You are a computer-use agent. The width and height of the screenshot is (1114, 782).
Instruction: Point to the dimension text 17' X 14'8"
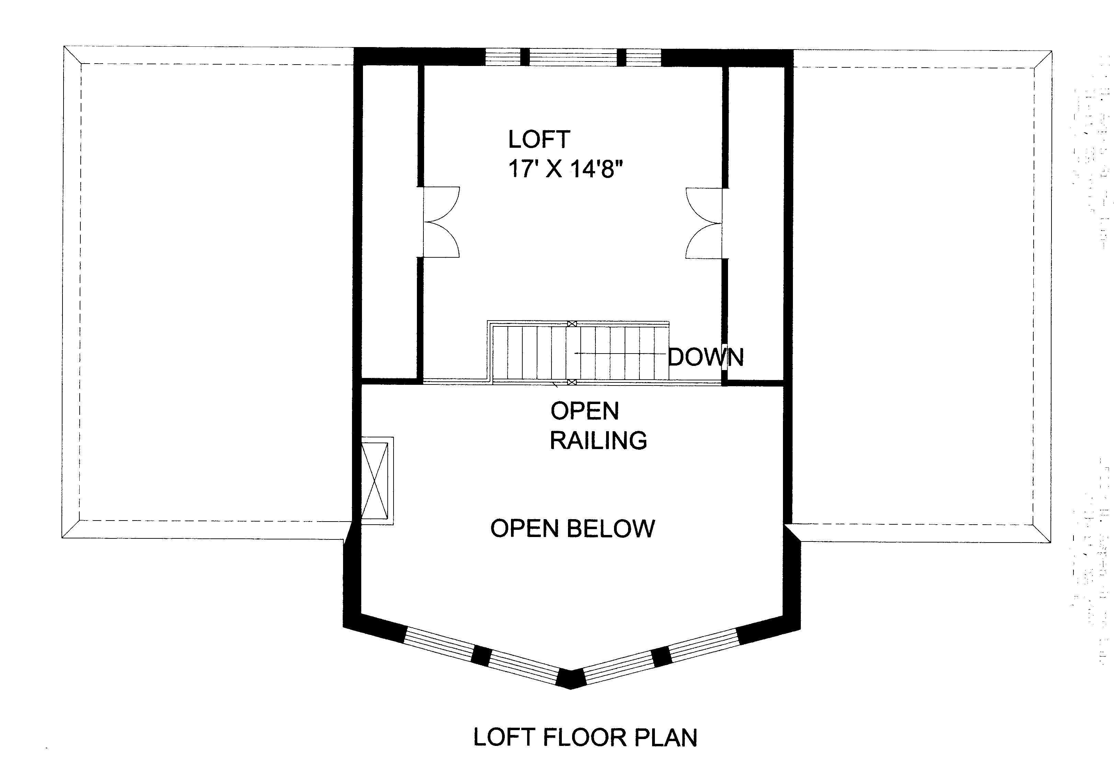(x=565, y=169)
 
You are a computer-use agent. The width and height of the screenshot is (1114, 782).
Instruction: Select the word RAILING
(x=598, y=440)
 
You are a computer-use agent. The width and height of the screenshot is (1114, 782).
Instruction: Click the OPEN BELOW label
(x=572, y=528)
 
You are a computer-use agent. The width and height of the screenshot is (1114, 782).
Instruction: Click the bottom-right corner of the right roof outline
(x=1050, y=542)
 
